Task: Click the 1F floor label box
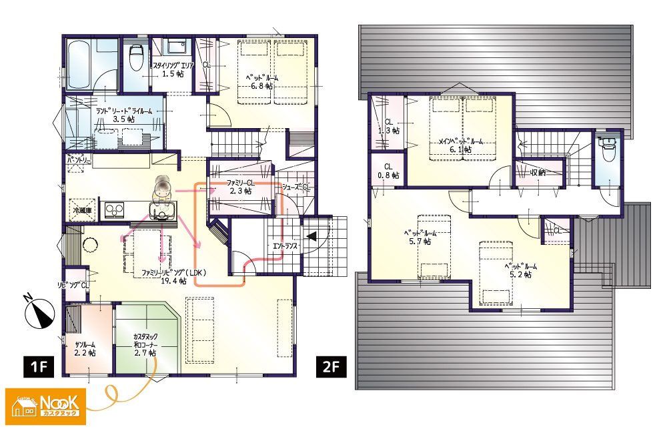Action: [x=39, y=366]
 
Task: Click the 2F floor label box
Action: [x=331, y=366]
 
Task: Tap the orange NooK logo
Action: [x=45, y=406]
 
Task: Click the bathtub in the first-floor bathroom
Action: [x=79, y=65]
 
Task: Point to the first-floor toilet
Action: [x=137, y=57]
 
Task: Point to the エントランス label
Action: [x=285, y=246]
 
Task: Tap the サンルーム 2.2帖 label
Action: [x=85, y=348]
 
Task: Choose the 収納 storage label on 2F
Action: [x=538, y=172]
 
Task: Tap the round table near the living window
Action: [x=90, y=245]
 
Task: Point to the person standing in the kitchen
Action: [x=162, y=187]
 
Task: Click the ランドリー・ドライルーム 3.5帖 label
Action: [x=124, y=115]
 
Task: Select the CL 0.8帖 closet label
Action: [x=389, y=171]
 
